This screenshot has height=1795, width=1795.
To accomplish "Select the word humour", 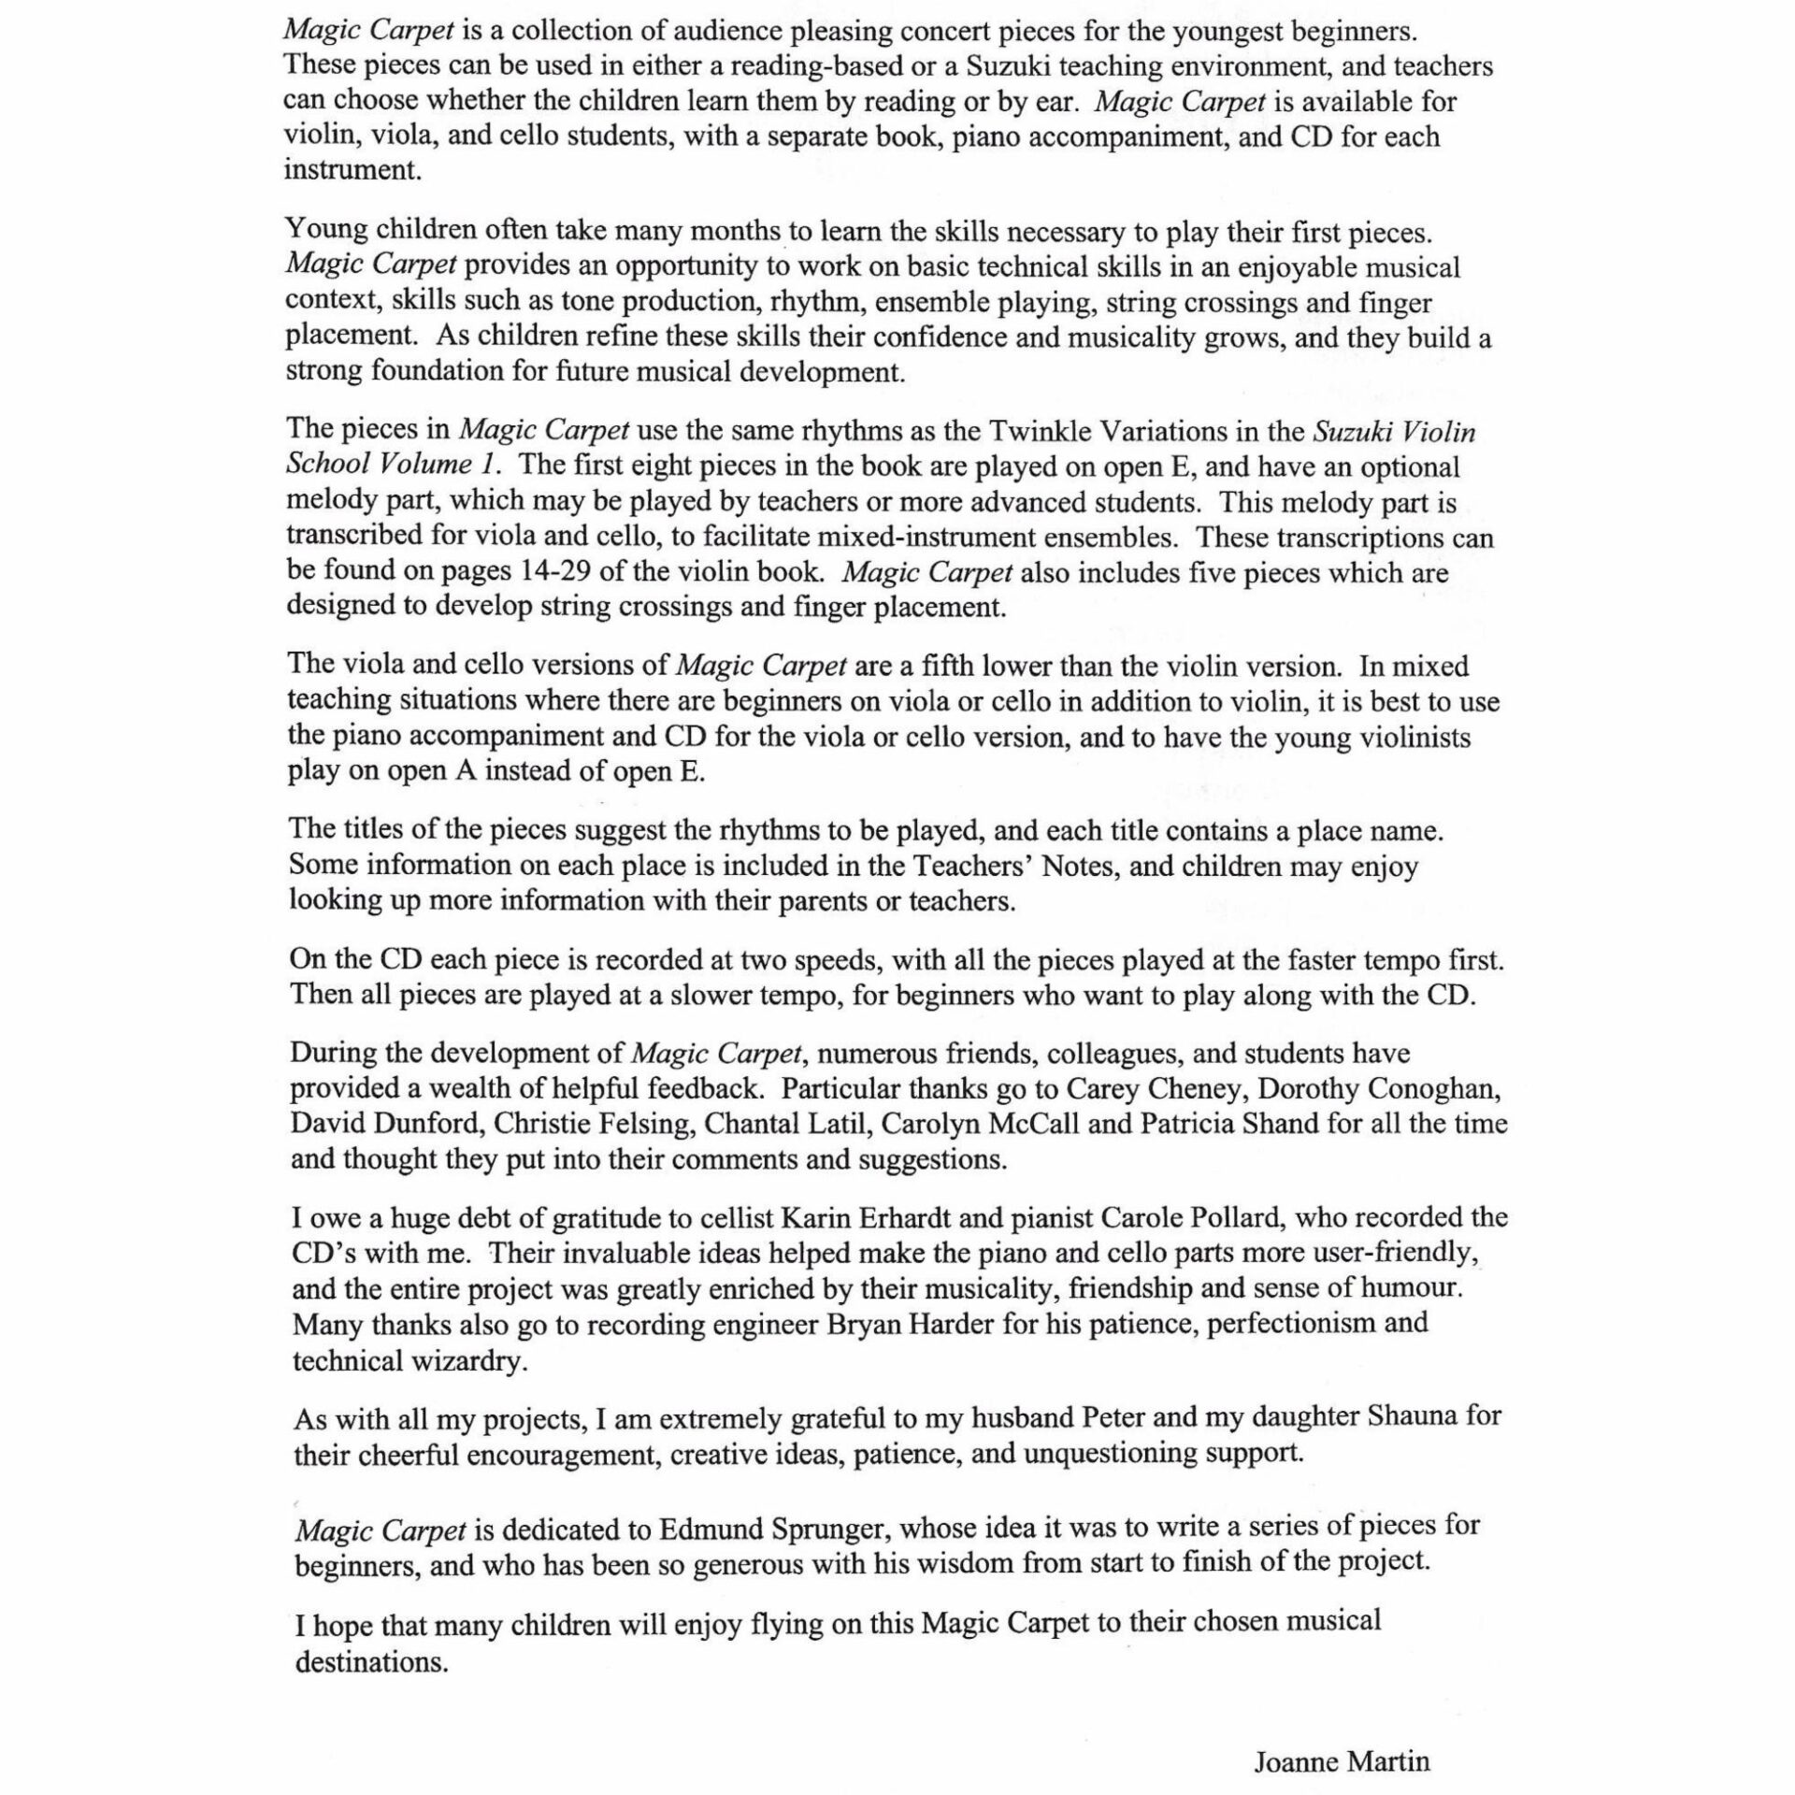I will click(1410, 1287).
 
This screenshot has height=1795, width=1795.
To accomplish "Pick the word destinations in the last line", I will click(371, 1662).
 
